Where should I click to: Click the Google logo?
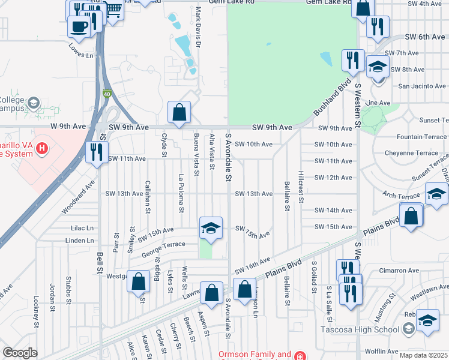(20, 353)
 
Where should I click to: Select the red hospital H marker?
(41, 148)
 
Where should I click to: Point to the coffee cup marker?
(79, 25)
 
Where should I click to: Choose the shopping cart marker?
(113, 9)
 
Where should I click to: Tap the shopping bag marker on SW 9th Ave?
(179, 112)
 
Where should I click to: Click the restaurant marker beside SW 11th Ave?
(96, 151)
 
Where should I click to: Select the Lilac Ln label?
(82, 228)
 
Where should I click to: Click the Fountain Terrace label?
(421, 137)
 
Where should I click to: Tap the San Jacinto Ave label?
(422, 86)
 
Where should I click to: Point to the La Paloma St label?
(181, 193)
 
